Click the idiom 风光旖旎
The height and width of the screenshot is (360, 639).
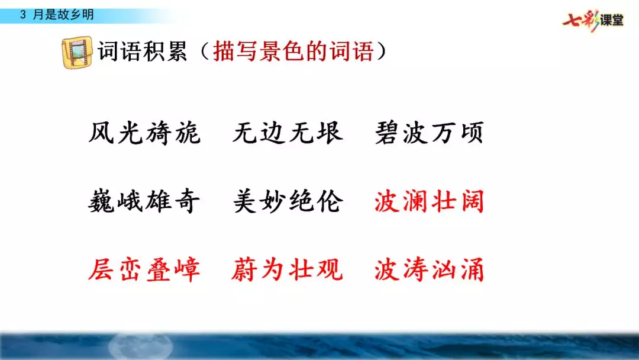coord(144,134)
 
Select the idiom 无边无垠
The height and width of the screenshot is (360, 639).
coord(288,134)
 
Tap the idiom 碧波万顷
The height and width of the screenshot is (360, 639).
coord(429,134)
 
